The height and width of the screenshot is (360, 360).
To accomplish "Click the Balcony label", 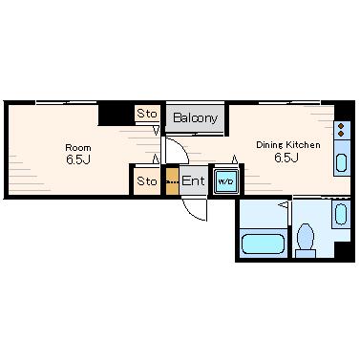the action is pos(195,118).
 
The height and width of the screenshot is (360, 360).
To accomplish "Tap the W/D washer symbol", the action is pos(225,181).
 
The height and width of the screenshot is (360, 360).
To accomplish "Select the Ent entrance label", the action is pos(193,181).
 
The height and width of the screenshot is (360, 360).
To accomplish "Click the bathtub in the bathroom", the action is pos(263,244).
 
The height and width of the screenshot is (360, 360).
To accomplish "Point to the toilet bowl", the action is pos(306,237).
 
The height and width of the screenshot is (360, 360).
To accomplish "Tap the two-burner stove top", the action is pos(342,130).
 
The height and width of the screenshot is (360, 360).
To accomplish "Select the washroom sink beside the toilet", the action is pos(341,214).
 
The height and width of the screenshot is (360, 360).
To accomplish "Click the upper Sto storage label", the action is pos(147,114).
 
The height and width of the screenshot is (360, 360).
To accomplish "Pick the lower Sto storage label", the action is pos(147,181).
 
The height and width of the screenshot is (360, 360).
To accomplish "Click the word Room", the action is pos(78,148).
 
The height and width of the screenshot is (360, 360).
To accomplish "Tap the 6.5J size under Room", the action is pos(78,159).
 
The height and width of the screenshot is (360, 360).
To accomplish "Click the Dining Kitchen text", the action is pos(288,145).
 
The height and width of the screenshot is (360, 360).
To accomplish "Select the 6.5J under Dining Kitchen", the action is pos(286,158).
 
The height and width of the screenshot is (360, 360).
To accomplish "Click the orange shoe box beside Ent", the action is pos(172,180).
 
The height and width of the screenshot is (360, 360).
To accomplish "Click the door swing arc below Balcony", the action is pos(182,146).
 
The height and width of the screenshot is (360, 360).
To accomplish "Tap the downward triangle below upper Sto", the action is pos(156,131).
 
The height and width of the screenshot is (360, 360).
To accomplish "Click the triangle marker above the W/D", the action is pos(235,159).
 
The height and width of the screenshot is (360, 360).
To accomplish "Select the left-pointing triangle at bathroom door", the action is pos(284,204).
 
